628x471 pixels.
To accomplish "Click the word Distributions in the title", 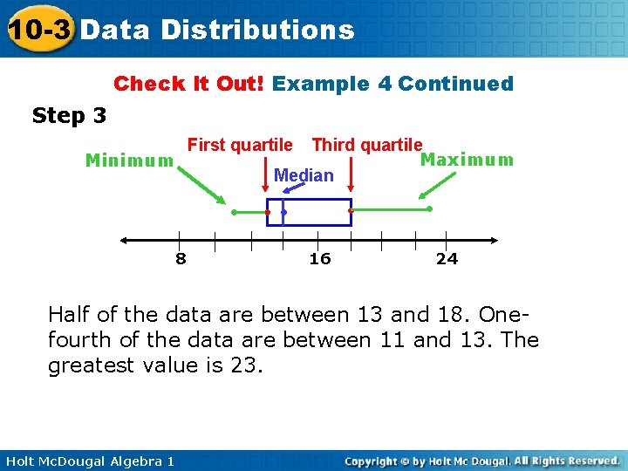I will (257, 31).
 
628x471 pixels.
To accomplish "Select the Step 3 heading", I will (69, 115).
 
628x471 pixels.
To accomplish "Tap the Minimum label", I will (129, 160).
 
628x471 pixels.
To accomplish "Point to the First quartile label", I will (241, 145).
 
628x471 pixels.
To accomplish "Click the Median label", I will (304, 175).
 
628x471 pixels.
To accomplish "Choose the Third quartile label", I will (367, 145).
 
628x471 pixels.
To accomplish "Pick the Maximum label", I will (468, 160).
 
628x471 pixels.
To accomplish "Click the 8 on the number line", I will (181, 258).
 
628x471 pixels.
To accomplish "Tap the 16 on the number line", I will (320, 258).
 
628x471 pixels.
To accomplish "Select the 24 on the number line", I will (447, 258).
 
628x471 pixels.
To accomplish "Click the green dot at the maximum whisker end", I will (430, 208).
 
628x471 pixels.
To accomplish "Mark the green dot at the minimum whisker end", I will (234, 212).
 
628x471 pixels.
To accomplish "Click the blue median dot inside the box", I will (284, 212).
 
